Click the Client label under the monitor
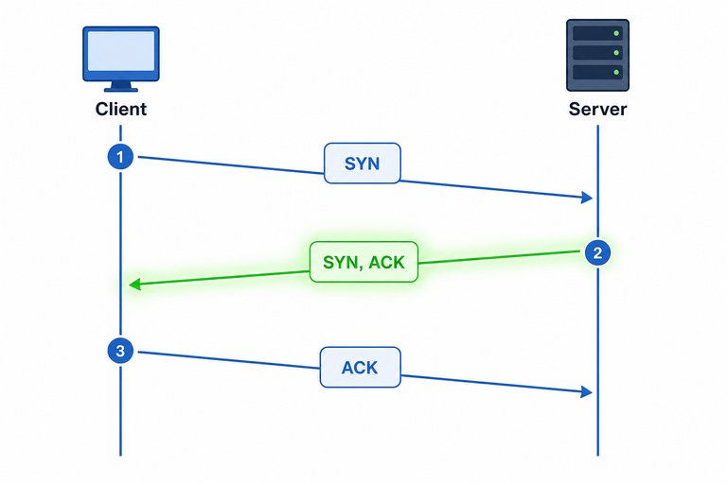point(120,109)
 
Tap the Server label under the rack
point(597,109)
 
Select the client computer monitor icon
point(121,59)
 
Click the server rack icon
point(597,55)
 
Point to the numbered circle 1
point(120,157)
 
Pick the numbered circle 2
point(597,252)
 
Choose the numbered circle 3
point(120,351)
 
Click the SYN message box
point(363,163)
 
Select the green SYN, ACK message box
point(363,262)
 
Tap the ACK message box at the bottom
point(361,368)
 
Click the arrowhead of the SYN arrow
point(587,198)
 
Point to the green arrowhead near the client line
point(134,284)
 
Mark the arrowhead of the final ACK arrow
point(587,391)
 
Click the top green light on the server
point(616,33)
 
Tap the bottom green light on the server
point(616,72)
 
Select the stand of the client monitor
point(121,86)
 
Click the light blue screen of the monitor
point(121,51)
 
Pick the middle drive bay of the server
point(597,52)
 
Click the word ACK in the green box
point(386,263)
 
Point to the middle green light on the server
point(616,53)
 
